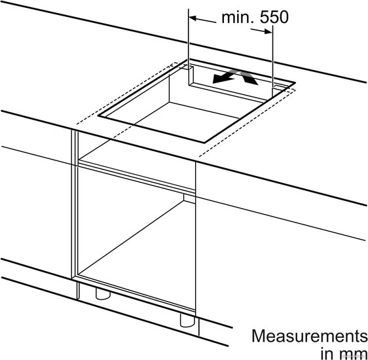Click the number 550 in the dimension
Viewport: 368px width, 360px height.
pos(274,17)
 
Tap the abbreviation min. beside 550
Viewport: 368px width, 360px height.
pos(238,18)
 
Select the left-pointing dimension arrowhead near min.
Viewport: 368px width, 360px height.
pos(193,18)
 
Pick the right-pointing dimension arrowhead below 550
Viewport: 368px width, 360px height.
pos(268,31)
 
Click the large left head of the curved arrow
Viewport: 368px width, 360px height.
pos(219,79)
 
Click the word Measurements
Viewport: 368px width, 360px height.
pos(310,336)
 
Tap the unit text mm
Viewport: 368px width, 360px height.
pos(353,353)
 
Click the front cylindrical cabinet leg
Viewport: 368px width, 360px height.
pos(187,320)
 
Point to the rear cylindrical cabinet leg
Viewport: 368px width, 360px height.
pos(103,294)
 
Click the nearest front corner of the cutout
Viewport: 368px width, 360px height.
pos(204,142)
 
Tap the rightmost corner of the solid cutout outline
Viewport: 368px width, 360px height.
pos(295,82)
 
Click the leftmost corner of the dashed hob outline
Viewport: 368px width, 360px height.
pos(77,124)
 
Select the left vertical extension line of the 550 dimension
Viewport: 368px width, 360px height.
pos(189,39)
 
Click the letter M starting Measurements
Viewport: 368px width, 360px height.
pos(258,336)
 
